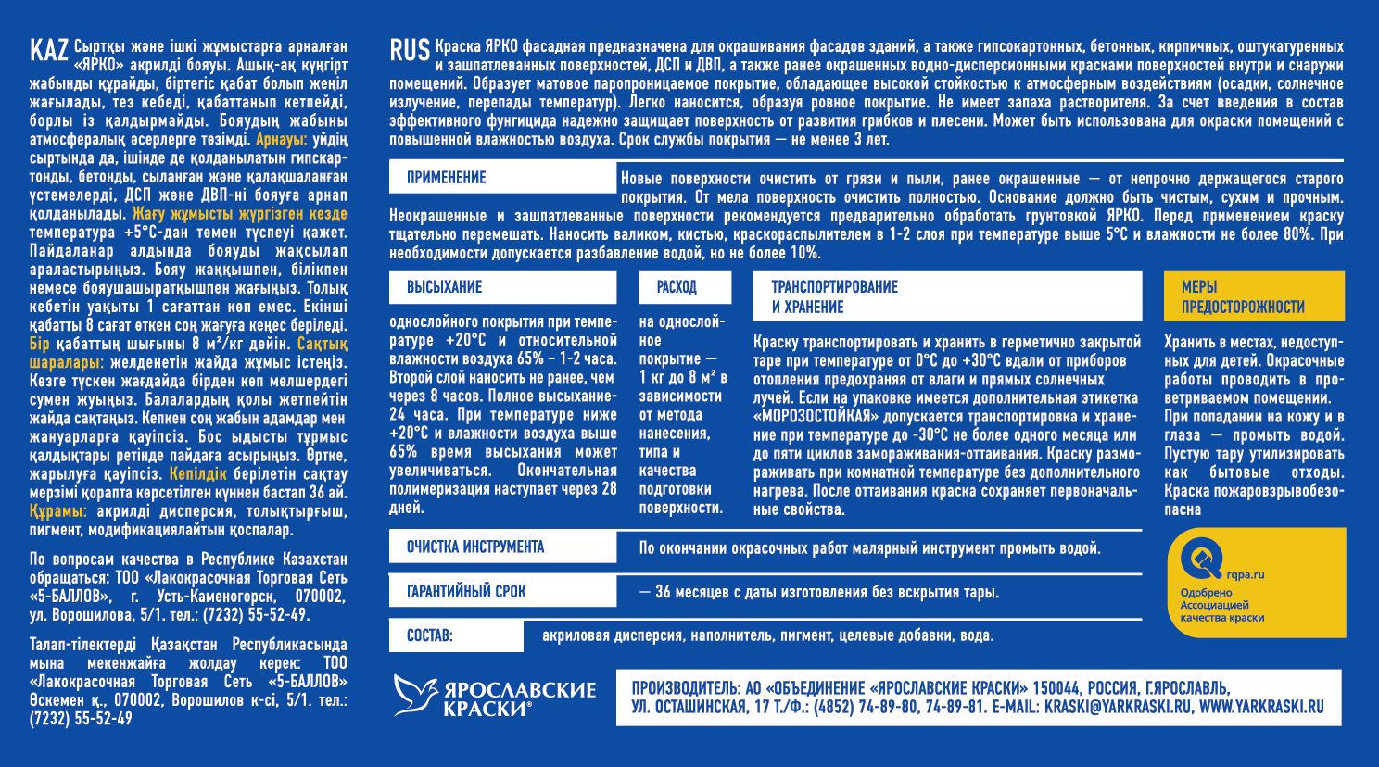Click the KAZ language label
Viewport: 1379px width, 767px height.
48,49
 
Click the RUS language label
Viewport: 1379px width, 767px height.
410,49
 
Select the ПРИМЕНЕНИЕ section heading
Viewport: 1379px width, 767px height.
446,178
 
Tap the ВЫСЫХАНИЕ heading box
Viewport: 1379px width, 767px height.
444,287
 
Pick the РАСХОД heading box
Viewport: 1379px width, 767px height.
677,287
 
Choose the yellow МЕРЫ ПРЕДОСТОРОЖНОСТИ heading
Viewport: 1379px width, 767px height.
1242,296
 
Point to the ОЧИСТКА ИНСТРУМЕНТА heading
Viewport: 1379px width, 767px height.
475,547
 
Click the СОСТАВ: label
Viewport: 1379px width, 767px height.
429,636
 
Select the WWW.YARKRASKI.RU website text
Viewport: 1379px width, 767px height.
1261,708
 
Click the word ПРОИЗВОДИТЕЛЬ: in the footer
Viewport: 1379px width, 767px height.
685,688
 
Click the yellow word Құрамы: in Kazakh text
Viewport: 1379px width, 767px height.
58,511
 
